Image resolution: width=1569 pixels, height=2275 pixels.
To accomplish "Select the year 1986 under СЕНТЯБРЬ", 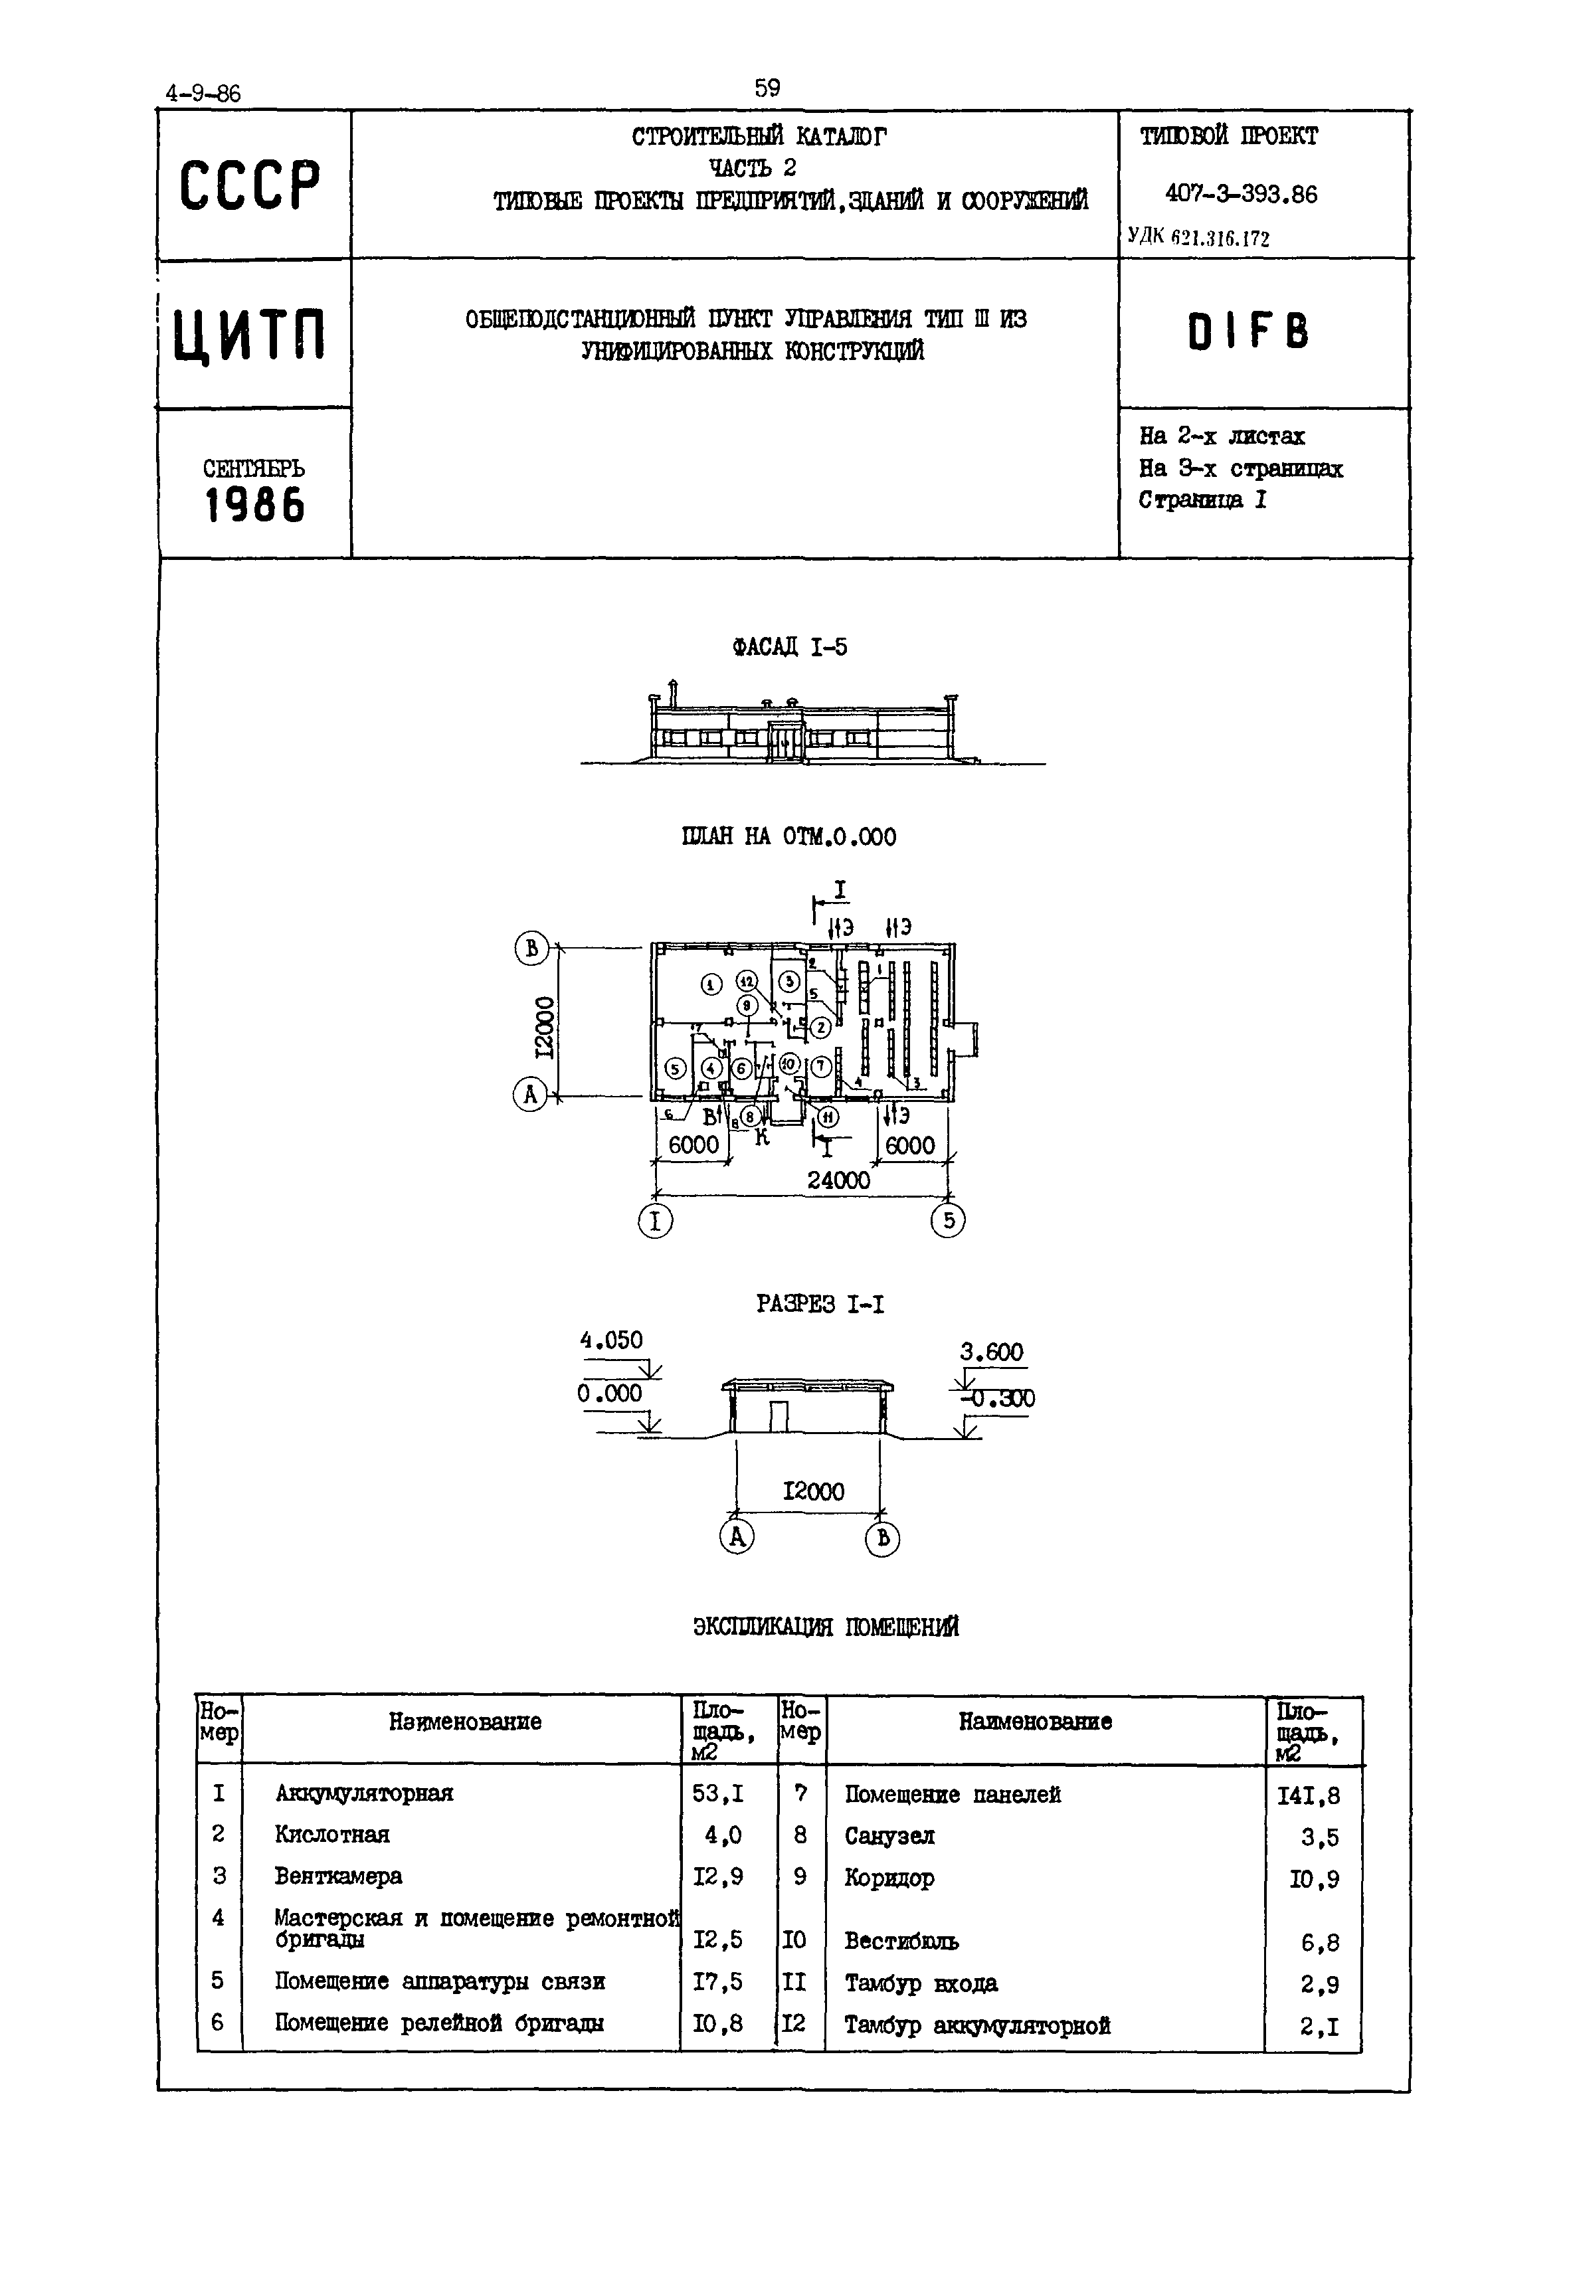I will coord(254,506).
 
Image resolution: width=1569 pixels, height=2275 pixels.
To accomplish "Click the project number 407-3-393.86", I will coord(1241,195).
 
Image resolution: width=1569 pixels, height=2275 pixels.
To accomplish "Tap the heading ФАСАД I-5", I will coord(789,647).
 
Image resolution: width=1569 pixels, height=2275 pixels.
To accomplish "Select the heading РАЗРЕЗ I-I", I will coord(820,1304).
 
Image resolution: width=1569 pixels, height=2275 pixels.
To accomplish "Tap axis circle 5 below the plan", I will coord(948,1221).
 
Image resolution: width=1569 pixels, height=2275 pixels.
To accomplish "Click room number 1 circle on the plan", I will coord(711,984).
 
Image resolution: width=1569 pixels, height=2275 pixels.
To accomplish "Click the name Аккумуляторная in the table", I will coord(364,1793).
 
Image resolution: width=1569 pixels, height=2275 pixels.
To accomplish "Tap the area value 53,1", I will coord(717,1793).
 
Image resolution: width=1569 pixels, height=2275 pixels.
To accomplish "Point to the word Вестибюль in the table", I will coord(901,1941).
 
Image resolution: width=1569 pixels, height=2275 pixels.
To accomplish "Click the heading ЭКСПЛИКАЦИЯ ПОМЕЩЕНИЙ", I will coord(826,1627).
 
